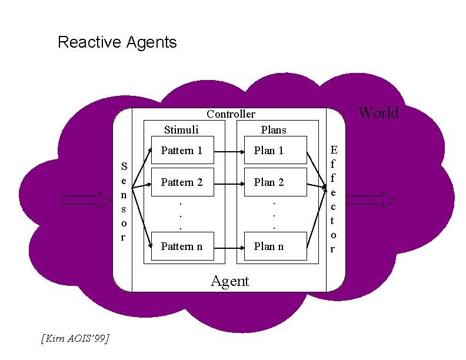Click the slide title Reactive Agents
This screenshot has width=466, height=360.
(x=117, y=42)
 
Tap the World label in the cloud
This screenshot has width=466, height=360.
(x=378, y=112)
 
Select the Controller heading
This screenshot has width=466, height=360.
(x=231, y=114)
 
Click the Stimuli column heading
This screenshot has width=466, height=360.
(x=181, y=130)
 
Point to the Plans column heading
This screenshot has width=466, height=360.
(x=273, y=130)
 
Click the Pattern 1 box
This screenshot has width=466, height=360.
(x=182, y=150)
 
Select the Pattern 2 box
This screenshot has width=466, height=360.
(x=182, y=182)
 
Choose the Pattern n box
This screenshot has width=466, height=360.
(x=182, y=246)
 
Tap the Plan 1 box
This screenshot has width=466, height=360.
(x=271, y=150)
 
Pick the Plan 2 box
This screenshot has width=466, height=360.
(x=271, y=182)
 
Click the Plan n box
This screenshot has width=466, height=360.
(x=271, y=246)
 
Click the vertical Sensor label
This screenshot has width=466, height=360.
(x=122, y=200)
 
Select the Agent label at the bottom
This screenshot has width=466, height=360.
(x=230, y=281)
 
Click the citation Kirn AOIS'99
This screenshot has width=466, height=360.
(x=75, y=338)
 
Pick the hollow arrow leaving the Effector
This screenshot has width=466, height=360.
(x=377, y=200)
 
